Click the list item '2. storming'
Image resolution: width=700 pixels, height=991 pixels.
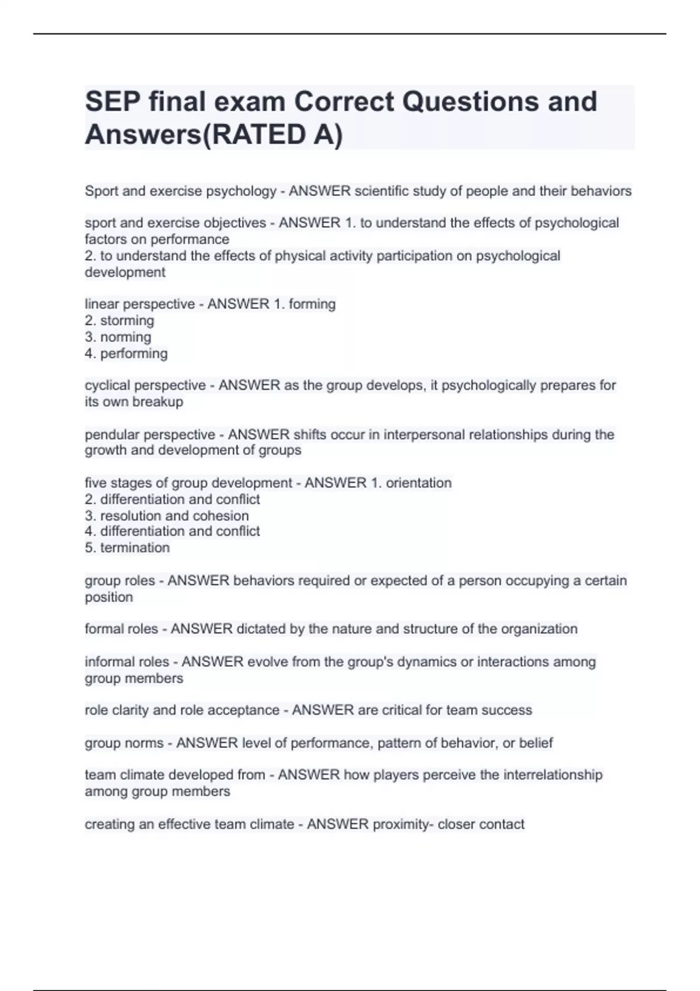coord(120,321)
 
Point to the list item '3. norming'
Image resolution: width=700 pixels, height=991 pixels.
coord(118,337)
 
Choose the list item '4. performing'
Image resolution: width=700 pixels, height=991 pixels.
coord(126,353)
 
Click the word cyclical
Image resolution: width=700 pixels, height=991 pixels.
coord(108,385)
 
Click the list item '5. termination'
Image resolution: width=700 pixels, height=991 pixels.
coord(127,547)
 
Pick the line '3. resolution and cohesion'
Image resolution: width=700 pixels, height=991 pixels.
coord(167,515)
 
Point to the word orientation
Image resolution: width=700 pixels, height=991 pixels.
coord(418,483)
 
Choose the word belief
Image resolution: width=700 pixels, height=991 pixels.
coord(536,743)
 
